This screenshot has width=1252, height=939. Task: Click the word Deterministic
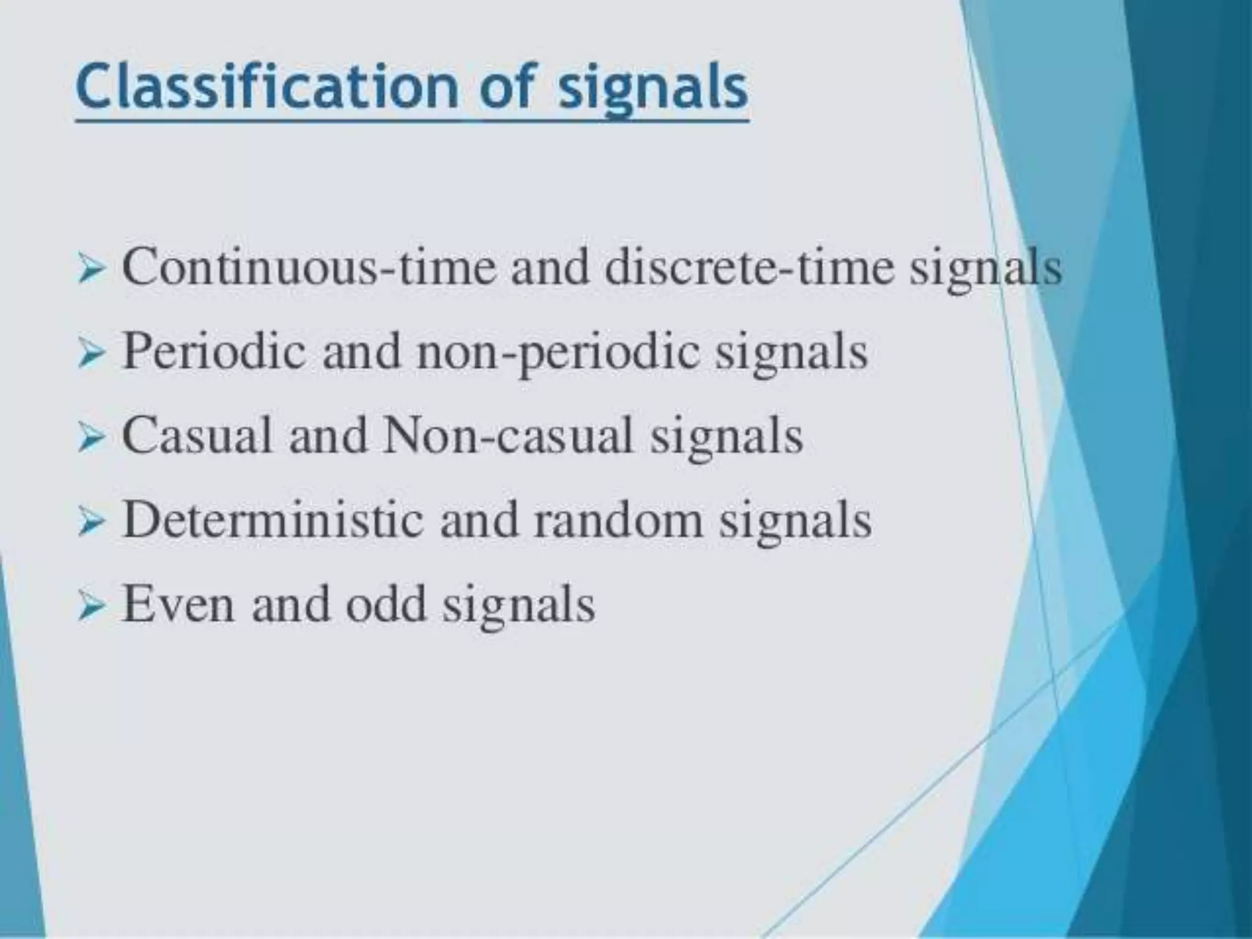273,520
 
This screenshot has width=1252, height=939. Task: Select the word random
618,520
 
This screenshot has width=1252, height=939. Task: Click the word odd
385,604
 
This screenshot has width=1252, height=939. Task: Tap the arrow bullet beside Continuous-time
92,270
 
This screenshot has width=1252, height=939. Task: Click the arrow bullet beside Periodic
92,355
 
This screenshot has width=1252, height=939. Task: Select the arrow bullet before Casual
92,438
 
